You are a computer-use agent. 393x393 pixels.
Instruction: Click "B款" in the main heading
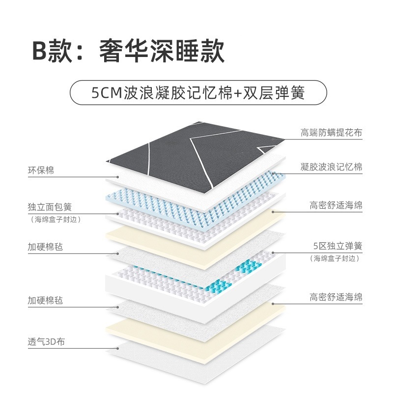tap(53, 51)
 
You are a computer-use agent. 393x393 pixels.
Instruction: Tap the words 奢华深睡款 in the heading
tap(162, 51)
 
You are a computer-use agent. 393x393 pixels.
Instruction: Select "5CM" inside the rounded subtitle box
tap(106, 93)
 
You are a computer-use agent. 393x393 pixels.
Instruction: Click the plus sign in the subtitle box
tap(237, 93)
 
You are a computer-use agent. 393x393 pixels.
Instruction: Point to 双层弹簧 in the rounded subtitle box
tap(274, 93)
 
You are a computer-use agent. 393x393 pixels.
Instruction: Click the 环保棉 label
tap(41, 170)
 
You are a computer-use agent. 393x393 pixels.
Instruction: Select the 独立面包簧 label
tap(50, 207)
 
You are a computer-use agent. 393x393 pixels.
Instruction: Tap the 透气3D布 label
tap(46, 341)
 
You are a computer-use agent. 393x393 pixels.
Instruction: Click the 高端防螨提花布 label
tap(331, 133)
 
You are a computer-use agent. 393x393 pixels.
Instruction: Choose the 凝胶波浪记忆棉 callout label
tap(331, 167)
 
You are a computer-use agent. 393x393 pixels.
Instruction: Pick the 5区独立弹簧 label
tap(338, 246)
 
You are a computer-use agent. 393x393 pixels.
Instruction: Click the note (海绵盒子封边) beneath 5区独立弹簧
tap(335, 258)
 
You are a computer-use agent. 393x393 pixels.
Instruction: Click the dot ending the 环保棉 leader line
tap(117, 177)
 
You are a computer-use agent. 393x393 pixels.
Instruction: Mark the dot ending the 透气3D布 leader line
tap(117, 348)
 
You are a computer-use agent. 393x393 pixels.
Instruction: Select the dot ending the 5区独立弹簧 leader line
tap(273, 253)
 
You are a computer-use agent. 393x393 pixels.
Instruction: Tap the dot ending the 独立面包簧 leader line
tap(117, 214)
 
